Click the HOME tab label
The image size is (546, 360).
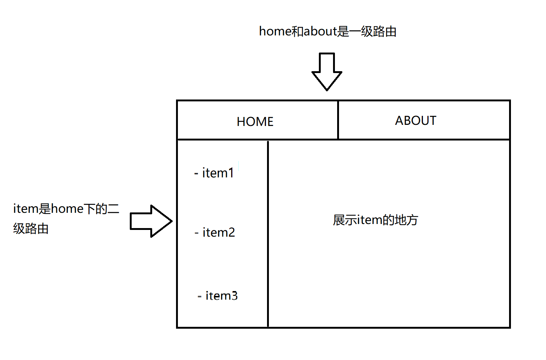coord(255,121)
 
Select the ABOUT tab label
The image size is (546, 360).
coord(415,121)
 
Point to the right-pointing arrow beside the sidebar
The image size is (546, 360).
coord(151,221)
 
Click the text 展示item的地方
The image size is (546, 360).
coord(375,220)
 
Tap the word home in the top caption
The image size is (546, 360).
coord(275,31)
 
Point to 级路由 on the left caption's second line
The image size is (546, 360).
coord(31,228)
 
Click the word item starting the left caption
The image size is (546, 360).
coord(25,209)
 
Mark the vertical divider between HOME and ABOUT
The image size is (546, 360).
coord(338,120)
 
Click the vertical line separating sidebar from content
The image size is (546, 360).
coord(268,234)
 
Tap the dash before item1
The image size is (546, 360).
coord(196,173)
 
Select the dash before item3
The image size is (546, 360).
coord(200,296)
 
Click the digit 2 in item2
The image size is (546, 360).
coord(231,233)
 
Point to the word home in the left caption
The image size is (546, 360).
coord(67,209)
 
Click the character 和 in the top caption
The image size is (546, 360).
coord(297,31)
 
